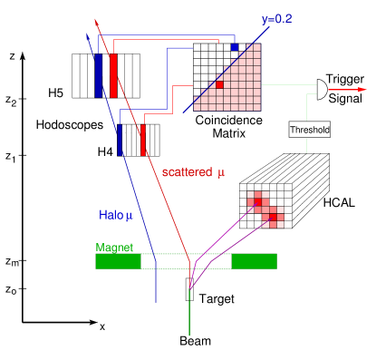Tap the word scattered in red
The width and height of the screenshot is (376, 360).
[x=187, y=172]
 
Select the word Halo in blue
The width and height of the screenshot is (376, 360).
[x=111, y=215]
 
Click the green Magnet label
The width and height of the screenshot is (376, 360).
[x=114, y=248]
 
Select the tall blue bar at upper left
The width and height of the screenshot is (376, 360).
[x=99, y=74]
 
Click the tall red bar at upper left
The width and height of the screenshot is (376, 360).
[x=113, y=75]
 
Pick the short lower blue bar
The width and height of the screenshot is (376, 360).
[x=120, y=141]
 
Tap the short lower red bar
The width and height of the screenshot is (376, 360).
[x=143, y=141]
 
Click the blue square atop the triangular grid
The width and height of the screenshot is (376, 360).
[x=235, y=46]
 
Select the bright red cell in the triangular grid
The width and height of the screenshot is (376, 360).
[x=219, y=84]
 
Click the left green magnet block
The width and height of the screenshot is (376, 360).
[x=118, y=261]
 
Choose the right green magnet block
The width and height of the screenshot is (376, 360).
[x=254, y=261]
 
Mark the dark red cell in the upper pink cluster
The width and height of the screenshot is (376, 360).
[x=258, y=202]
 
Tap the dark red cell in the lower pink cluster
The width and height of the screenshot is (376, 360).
[x=273, y=218]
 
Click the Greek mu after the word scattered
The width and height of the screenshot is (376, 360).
[x=220, y=172]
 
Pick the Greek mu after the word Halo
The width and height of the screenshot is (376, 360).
[x=129, y=216]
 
